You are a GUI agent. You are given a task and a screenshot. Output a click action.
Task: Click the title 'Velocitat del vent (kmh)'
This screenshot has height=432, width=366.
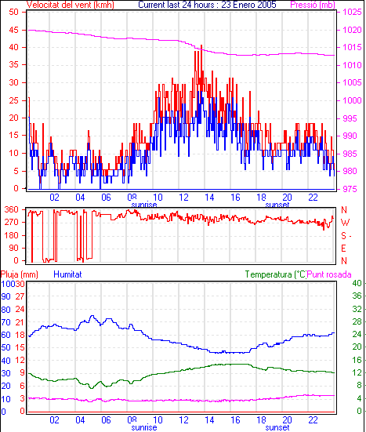click(x=71, y=5)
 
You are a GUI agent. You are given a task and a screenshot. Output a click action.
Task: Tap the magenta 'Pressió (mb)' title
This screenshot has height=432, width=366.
click(x=313, y=5)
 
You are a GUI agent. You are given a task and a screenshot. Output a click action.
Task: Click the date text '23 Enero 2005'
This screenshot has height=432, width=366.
click(x=248, y=5)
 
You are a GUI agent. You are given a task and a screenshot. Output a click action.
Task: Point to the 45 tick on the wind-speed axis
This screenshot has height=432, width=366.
click(x=13, y=30)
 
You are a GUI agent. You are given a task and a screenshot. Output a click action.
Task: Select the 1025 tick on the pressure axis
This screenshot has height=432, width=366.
click(x=352, y=12)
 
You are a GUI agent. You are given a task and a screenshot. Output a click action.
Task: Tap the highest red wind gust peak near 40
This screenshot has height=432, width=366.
click(x=201, y=45)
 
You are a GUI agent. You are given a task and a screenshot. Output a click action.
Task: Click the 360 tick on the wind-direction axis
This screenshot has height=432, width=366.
click(x=12, y=209)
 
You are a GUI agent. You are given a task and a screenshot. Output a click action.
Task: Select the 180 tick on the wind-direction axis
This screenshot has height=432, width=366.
click(x=12, y=235)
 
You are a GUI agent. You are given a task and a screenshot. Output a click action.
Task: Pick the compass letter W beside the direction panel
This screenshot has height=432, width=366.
click(x=345, y=223)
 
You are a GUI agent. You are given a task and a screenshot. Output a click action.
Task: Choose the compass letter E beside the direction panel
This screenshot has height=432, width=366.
click(x=343, y=249)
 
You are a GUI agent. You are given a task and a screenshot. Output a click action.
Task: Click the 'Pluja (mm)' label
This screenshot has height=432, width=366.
click(x=20, y=274)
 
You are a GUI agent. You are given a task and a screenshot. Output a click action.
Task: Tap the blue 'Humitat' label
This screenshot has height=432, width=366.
click(x=67, y=274)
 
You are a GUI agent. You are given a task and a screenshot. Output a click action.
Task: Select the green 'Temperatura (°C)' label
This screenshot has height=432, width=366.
click(x=275, y=274)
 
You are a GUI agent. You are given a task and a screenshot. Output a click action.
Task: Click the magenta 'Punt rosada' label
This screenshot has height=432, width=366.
click(x=329, y=274)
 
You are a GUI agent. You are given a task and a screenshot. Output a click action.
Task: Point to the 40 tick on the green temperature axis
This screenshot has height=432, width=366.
click(x=357, y=283)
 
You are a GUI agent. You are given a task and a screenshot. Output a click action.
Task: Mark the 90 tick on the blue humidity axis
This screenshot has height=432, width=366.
click(x=5, y=296)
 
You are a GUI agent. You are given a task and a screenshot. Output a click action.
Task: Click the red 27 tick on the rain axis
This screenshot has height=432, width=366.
click(x=20, y=296)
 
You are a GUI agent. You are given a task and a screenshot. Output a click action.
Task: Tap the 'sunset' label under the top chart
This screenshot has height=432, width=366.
click(x=277, y=205)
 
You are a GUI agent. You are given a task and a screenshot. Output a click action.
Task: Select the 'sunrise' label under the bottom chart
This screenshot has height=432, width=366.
click(x=144, y=427)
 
